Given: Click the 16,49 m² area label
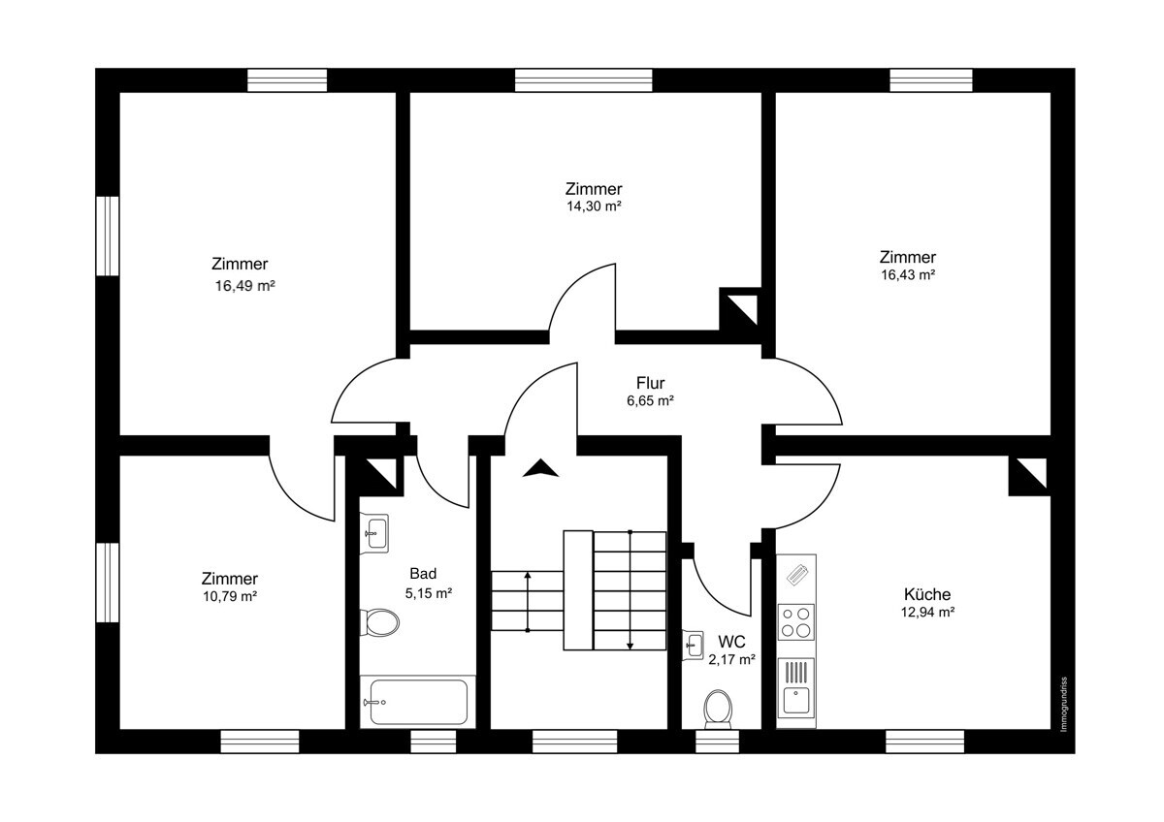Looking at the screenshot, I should coord(240,286).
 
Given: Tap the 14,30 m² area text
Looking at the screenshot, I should coord(594,206).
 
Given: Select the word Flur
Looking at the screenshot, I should coord(650,383).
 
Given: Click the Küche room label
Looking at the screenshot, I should coord(927,594).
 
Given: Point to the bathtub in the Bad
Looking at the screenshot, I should coord(418,701).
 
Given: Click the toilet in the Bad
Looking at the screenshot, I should coord(379,622).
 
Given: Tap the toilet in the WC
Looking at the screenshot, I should coord(718,708).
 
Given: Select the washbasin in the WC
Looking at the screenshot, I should coord(693,644).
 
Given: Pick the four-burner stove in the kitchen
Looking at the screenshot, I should coord(796,621).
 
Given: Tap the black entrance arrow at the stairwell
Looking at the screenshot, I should coord(540,469).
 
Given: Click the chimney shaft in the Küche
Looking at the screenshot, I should coord(1028,476).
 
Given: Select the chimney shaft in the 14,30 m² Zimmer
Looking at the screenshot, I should coord(739,309).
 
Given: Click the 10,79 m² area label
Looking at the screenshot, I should coord(230,596).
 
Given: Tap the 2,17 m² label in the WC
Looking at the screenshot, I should coord(731,659).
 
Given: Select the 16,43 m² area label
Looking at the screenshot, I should coord(908,275).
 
